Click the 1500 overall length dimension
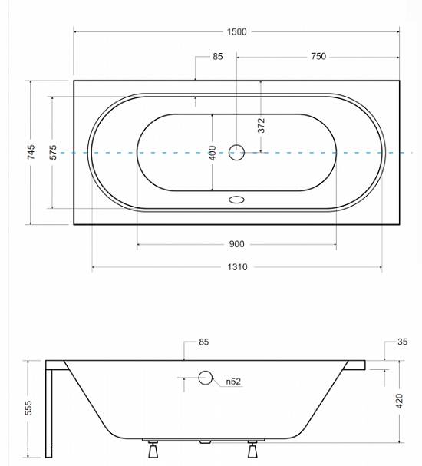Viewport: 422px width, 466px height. click(x=236, y=31)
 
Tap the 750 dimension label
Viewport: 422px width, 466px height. click(x=318, y=56)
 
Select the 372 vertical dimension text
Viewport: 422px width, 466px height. click(x=261, y=125)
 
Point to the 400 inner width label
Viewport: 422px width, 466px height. click(x=213, y=153)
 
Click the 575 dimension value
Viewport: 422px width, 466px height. click(x=53, y=152)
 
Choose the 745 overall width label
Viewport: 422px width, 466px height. click(x=31, y=152)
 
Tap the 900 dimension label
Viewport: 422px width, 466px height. click(x=236, y=244)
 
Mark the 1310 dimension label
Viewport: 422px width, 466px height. click(x=237, y=267)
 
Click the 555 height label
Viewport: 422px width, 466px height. click(x=28, y=408)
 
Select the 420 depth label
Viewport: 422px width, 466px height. click(x=400, y=401)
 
